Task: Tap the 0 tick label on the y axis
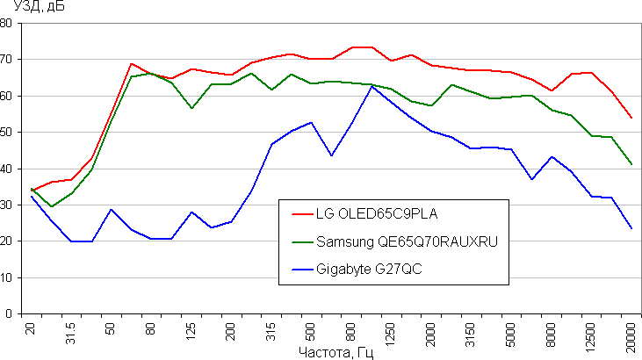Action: (x=10, y=313)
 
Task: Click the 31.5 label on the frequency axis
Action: (x=70, y=334)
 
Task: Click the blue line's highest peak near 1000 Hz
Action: (x=371, y=86)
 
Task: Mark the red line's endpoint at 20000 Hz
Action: (x=631, y=118)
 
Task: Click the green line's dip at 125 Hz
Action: (x=191, y=108)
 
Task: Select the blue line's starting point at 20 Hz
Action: (x=32, y=196)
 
